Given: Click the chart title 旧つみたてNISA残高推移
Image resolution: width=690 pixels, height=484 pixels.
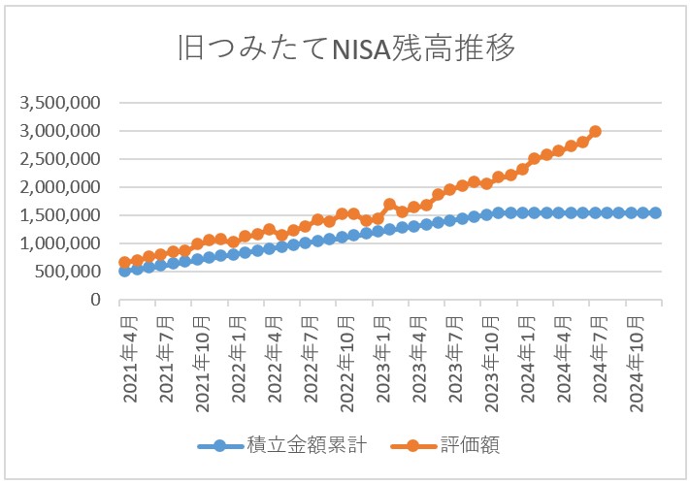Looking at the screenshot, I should point(345,48).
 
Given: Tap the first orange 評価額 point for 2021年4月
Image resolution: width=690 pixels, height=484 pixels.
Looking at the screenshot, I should point(124,263).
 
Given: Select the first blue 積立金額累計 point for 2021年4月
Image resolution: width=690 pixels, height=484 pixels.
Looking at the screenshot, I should point(124,272).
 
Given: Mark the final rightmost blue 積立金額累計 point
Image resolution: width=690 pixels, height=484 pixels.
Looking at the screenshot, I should point(655,212).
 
